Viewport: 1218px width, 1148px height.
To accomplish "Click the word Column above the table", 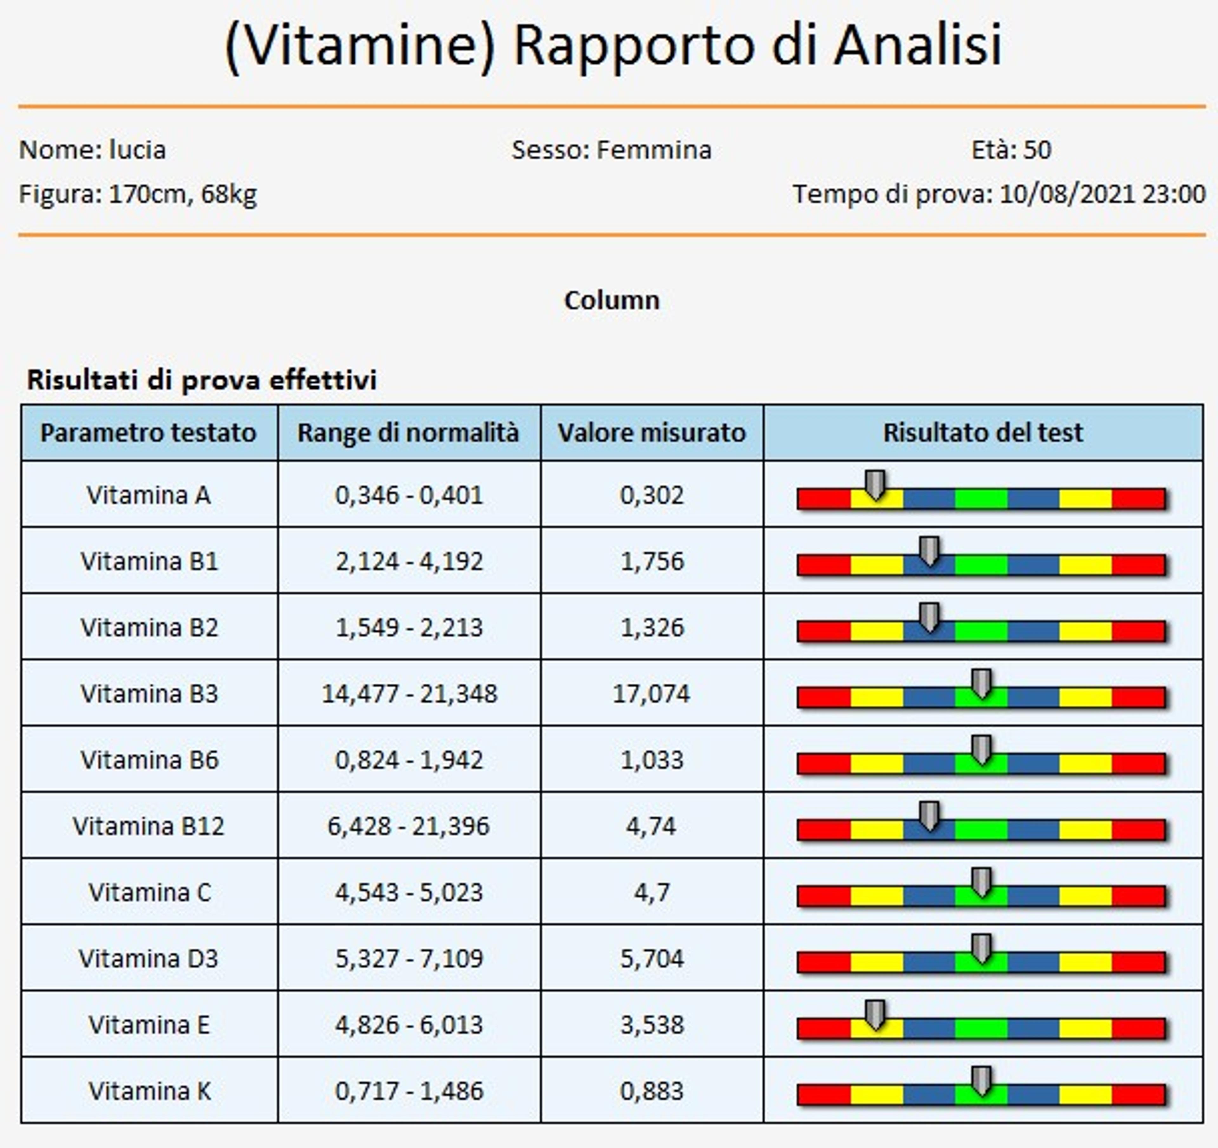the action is pyautogui.click(x=612, y=300).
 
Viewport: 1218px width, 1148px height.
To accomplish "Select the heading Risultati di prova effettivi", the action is pyautogui.click(x=201, y=380).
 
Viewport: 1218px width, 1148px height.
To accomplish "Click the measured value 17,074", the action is pyautogui.click(x=651, y=693).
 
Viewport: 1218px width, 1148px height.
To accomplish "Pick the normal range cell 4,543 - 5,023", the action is pyautogui.click(x=409, y=892).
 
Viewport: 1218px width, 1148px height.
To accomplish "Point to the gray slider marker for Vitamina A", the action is pyautogui.click(x=876, y=485).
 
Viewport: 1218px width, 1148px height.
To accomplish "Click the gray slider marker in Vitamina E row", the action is pyautogui.click(x=876, y=1014).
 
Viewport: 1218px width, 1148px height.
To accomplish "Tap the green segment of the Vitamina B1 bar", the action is pyautogui.click(x=981, y=565).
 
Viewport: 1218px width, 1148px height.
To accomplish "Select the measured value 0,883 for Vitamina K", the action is pyautogui.click(x=651, y=1090).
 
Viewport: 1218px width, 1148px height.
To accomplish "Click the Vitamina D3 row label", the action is pyautogui.click(x=148, y=958).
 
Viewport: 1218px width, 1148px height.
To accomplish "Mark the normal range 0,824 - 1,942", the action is pyautogui.click(x=409, y=760).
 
